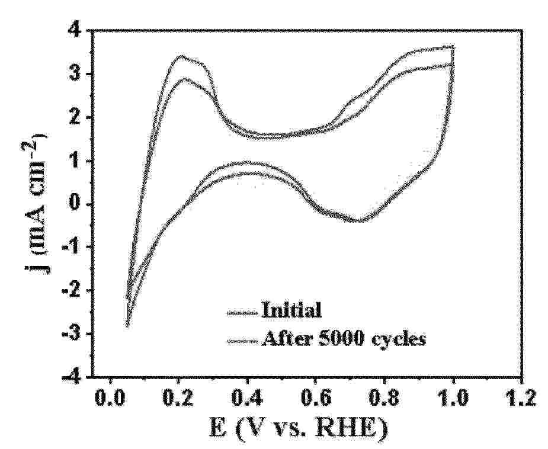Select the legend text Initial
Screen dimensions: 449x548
pos(291,309)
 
